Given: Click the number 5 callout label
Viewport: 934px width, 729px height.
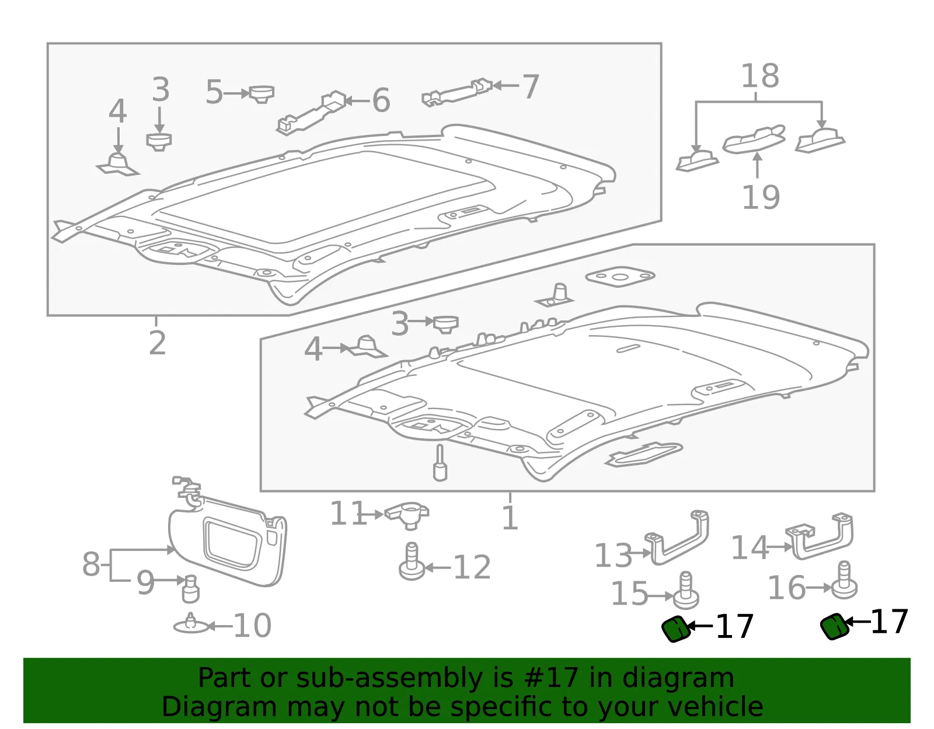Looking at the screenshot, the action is click(214, 92).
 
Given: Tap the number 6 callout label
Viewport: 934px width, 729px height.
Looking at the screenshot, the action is click(381, 100).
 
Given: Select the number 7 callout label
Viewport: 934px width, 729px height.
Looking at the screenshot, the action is click(531, 86).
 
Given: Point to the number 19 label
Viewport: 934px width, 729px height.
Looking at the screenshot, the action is click(761, 197).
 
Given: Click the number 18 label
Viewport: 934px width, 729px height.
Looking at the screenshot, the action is click(760, 76).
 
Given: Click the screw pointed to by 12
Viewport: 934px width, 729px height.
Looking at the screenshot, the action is click(412, 561).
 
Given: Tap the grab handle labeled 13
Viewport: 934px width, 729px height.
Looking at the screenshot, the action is click(676, 537).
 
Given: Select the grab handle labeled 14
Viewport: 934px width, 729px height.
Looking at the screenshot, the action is click(819, 536).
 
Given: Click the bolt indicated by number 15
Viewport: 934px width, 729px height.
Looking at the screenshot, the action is click(685, 590).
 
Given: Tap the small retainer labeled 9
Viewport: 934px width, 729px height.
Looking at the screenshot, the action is click(190, 589).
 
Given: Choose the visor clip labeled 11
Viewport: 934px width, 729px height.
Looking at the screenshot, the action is click(407, 517).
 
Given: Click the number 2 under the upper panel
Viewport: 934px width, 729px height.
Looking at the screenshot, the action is click(157, 343).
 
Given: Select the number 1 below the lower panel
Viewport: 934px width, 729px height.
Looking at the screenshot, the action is click(510, 517).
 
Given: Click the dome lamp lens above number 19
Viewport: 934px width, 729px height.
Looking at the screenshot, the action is click(754, 139).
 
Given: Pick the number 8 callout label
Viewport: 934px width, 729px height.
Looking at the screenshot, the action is click(90, 564).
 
